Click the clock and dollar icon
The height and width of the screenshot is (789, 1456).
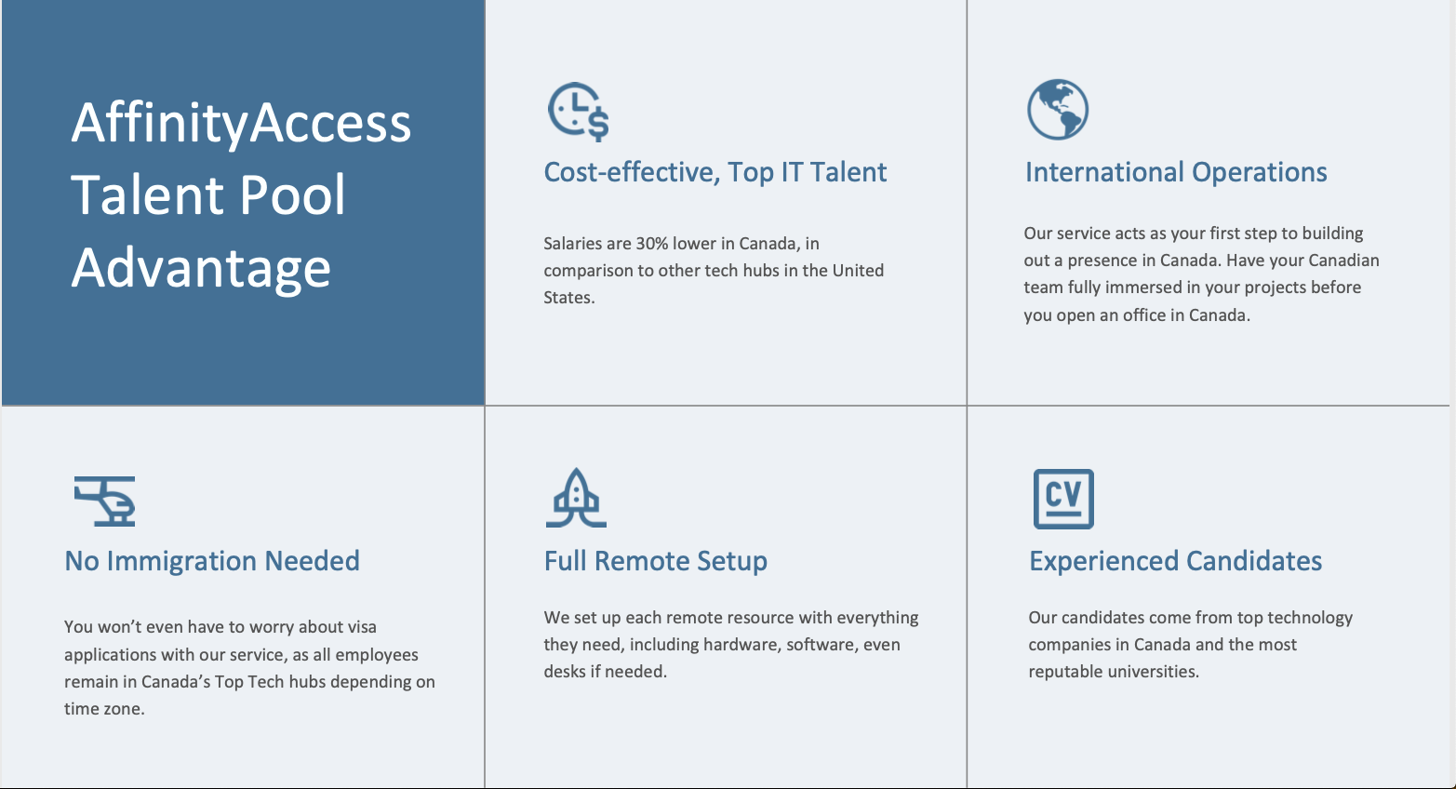(578, 112)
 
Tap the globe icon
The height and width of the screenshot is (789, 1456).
(1058, 110)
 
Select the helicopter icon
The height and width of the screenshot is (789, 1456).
(105, 501)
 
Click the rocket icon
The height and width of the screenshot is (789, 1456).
(576, 499)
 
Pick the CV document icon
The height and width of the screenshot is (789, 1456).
(1063, 499)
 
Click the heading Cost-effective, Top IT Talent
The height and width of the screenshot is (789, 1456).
(715, 172)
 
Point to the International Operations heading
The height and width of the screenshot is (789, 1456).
(1175, 172)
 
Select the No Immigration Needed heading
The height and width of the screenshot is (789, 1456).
(212, 561)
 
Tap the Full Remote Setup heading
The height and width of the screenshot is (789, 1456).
(655, 561)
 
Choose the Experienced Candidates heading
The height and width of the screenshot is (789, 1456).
(1175, 561)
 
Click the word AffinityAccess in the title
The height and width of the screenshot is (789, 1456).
(241, 123)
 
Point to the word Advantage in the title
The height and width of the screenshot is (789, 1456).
(201, 268)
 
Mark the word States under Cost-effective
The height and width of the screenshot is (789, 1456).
(568, 298)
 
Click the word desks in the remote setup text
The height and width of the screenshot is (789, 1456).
(565, 672)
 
